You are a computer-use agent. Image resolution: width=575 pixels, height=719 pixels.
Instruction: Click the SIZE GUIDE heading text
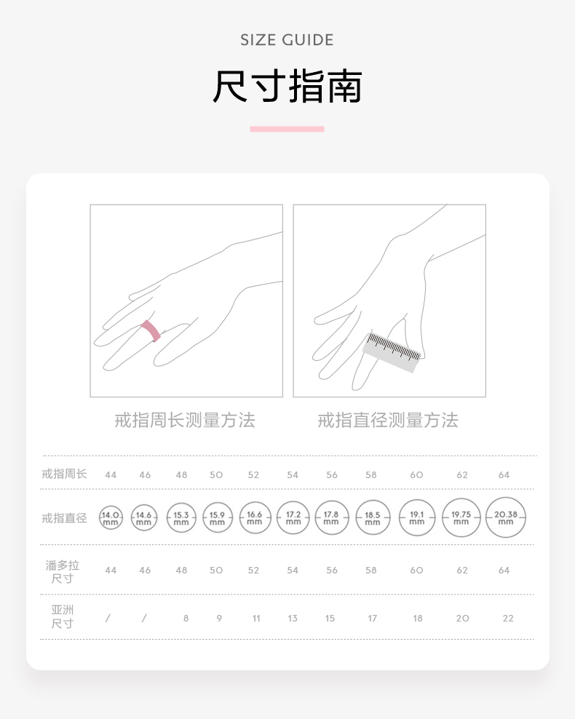[x=287, y=40]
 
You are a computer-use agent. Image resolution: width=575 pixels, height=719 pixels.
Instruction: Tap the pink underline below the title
[x=287, y=129]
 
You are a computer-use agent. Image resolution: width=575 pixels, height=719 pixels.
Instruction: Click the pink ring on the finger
[x=151, y=330]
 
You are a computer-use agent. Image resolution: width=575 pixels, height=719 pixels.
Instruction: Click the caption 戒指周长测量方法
[x=185, y=420]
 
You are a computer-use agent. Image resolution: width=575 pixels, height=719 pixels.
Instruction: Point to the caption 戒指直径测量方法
[x=388, y=420]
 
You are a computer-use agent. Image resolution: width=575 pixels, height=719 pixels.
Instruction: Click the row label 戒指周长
[x=64, y=474]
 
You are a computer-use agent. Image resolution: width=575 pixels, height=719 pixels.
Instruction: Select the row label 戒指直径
[x=64, y=518]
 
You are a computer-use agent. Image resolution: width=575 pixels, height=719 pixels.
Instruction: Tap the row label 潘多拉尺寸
[x=63, y=572]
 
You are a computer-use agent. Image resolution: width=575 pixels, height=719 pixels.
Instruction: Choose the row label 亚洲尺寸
[x=63, y=616]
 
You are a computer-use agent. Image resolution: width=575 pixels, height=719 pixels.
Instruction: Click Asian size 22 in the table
[x=508, y=618]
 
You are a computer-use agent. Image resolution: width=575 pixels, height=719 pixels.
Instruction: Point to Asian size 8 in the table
[x=186, y=618]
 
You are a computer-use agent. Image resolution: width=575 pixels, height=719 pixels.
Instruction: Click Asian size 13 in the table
[x=293, y=618]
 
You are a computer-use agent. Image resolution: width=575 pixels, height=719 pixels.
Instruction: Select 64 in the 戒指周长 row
[x=504, y=475]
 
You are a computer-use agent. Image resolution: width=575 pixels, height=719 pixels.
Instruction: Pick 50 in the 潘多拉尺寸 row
[x=216, y=571]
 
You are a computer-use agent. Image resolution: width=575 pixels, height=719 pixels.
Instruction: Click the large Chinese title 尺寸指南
[x=287, y=87]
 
